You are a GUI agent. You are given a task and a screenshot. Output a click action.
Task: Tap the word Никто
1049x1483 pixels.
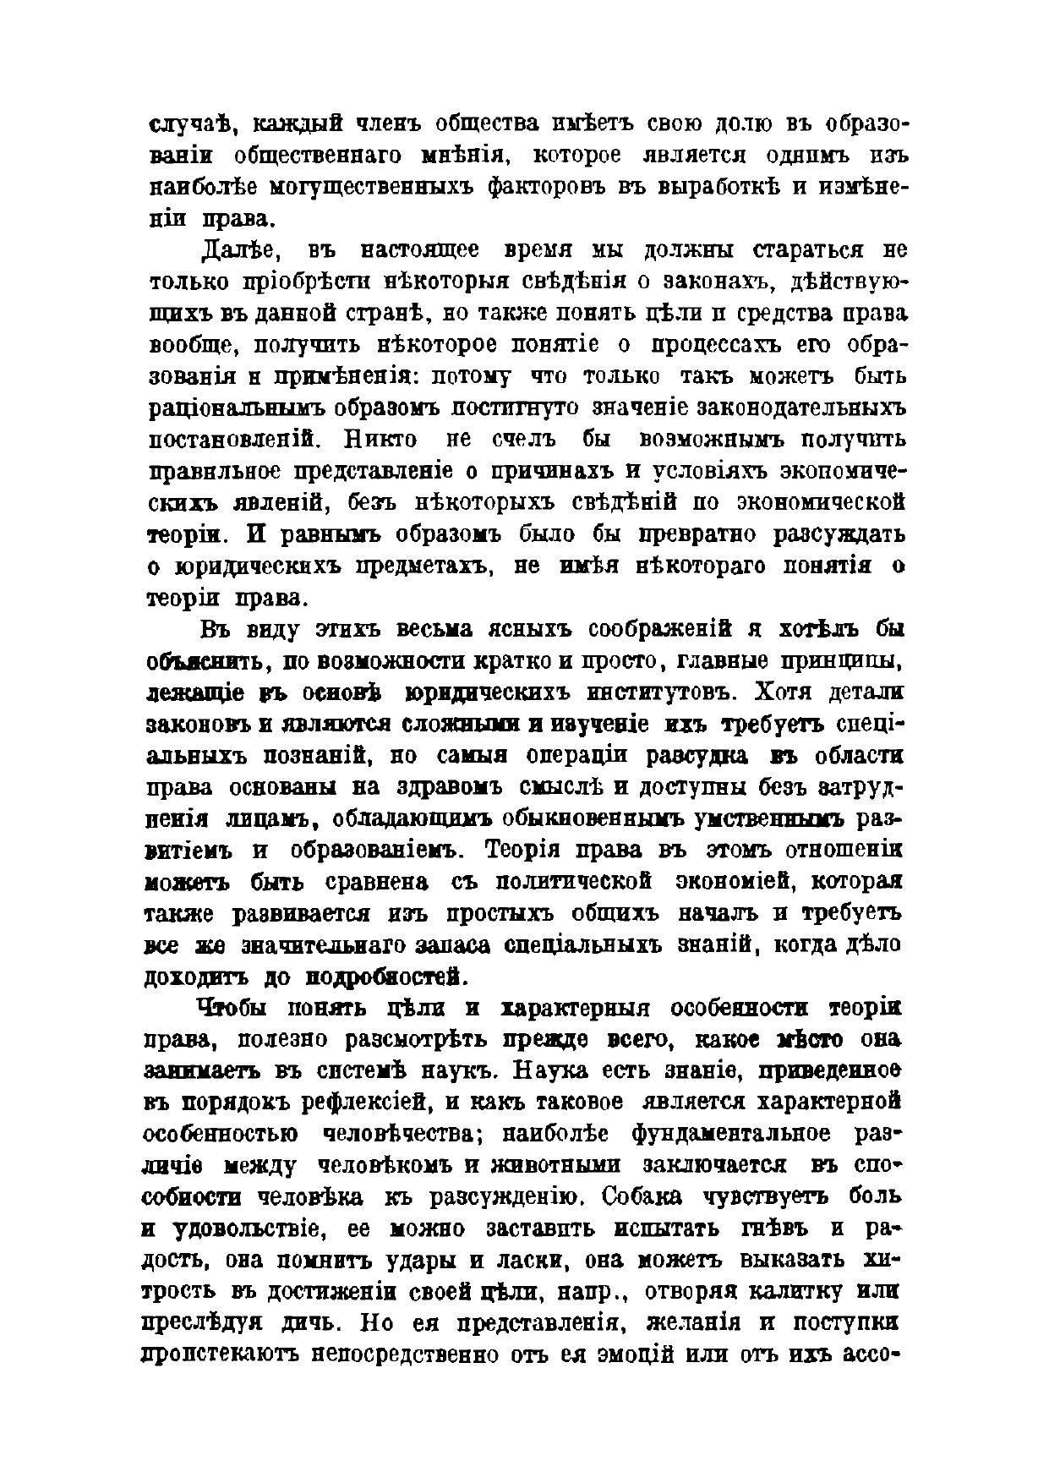coord(371,440)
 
